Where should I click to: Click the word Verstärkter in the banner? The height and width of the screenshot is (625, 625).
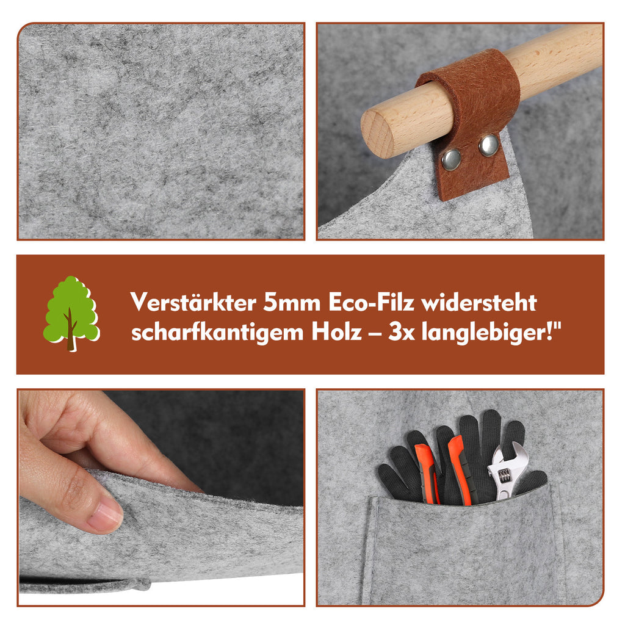click(193, 303)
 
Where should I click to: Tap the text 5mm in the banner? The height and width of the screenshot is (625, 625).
click(292, 303)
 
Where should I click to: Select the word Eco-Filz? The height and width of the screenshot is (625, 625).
click(372, 303)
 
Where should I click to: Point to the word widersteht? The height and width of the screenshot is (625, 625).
click(479, 303)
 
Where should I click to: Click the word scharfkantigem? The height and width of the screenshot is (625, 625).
click(217, 333)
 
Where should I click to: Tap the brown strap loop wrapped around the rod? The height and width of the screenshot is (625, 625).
click(474, 99)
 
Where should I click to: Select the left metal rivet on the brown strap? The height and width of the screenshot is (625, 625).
click(451, 159)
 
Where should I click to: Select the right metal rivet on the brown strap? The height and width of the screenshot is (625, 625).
click(488, 145)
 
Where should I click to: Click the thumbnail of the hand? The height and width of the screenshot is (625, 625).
click(105, 516)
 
